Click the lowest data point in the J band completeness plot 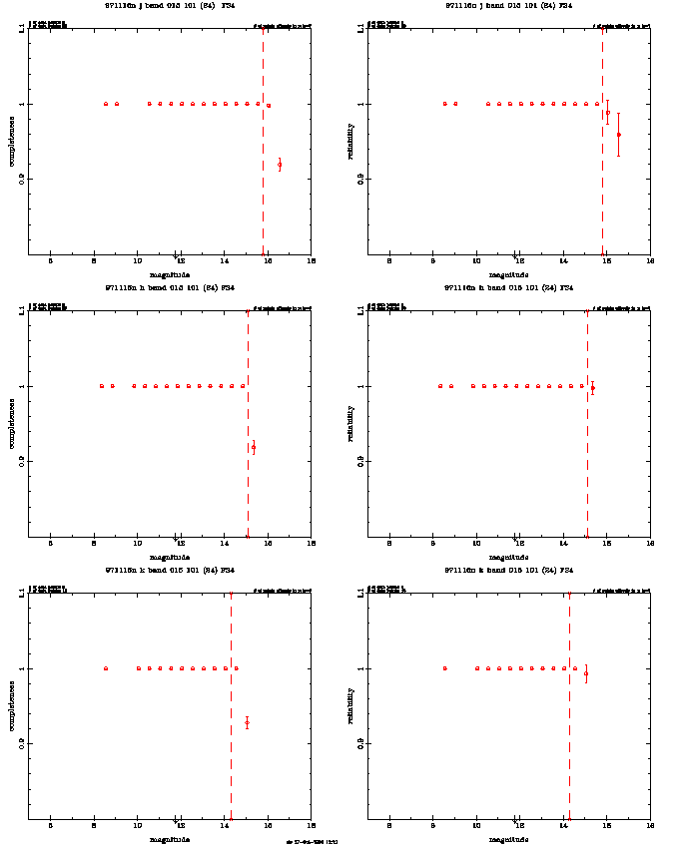pos(280,165)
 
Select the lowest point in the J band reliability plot pos(619,135)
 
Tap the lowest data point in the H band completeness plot pos(254,447)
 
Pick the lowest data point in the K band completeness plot pos(247,722)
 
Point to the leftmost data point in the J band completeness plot pos(106,104)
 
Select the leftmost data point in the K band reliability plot pos(444,668)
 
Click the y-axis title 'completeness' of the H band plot pos(12,424)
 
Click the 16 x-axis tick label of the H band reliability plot pos(650,544)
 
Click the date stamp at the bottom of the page pos(312,842)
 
